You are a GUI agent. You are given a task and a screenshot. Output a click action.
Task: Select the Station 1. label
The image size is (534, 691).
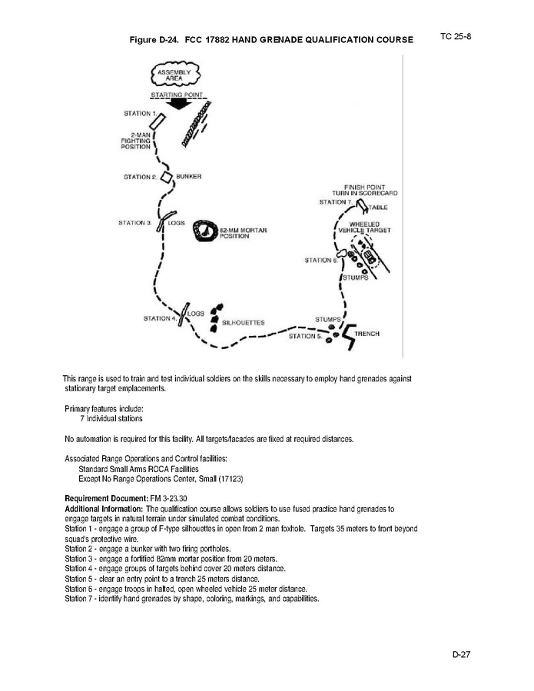138,114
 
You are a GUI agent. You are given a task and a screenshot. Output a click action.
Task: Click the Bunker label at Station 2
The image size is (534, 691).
189,177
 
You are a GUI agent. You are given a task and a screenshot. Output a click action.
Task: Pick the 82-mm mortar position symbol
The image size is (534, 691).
205,231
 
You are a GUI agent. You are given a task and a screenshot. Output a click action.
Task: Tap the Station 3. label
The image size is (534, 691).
134,224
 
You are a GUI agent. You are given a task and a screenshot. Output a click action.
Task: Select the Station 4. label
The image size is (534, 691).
159,317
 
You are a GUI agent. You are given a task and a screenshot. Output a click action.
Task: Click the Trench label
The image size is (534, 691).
367,334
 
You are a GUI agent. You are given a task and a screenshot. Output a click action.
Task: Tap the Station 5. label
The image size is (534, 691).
303,336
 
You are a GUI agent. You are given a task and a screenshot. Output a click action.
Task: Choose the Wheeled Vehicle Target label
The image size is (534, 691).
365,228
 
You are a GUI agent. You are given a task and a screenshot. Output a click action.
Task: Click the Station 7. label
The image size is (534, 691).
335,202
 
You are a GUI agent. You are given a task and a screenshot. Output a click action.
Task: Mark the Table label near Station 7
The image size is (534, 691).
376,208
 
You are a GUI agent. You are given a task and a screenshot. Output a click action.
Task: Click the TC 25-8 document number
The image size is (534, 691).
456,35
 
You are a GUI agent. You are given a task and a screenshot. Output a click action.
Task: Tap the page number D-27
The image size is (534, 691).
463,654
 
